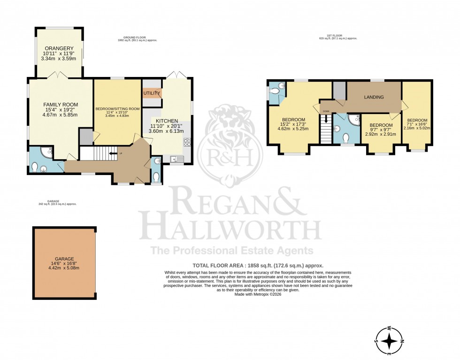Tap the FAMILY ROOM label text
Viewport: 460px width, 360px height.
point(61,104)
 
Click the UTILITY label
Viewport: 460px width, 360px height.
point(152,93)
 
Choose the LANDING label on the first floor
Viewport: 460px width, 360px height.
point(374,97)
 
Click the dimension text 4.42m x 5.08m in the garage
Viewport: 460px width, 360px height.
point(64,268)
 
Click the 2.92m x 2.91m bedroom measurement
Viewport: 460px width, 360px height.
point(380,134)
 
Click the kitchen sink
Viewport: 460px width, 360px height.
point(176,159)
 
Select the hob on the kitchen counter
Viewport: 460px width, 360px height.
point(187,142)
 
